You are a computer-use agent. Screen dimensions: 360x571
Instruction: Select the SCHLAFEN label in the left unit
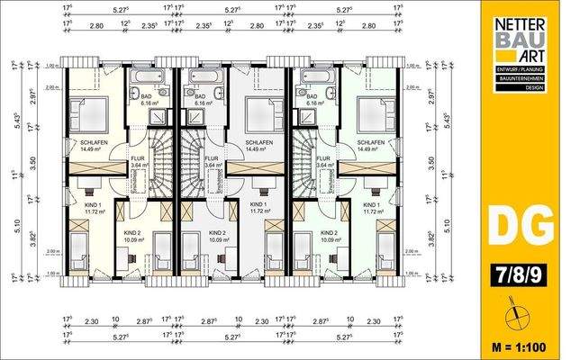point(95,143)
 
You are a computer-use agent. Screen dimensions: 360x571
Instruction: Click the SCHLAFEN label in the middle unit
point(259,143)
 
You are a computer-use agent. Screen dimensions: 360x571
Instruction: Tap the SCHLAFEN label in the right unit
point(370,143)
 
